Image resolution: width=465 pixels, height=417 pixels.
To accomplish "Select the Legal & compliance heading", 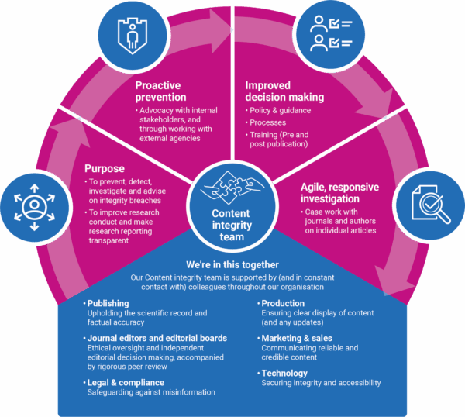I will point(126,382).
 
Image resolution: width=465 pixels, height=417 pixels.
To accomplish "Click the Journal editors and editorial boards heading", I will point(157,338).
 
